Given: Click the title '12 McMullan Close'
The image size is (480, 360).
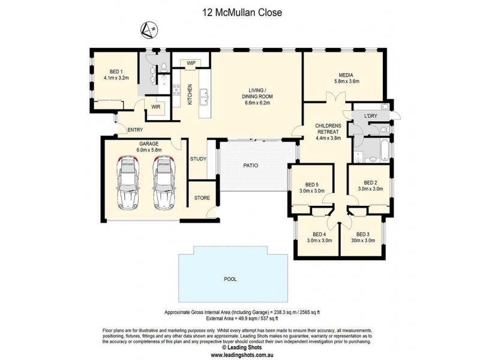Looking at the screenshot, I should click(x=239, y=11).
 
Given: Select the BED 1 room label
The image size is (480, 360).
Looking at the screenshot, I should click(x=116, y=70).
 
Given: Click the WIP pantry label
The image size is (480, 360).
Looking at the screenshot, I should click(x=191, y=63).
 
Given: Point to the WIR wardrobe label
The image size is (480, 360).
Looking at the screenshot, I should click(x=155, y=107).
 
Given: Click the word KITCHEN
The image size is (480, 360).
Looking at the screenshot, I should click(x=190, y=94).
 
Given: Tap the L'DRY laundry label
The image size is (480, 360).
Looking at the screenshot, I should click(x=370, y=115).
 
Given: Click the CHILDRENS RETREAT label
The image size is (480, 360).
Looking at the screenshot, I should click(x=328, y=129).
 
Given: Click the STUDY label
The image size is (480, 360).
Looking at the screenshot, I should click(x=199, y=159).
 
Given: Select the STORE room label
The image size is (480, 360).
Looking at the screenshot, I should click(x=201, y=197).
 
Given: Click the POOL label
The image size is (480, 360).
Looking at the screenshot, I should click(x=230, y=279).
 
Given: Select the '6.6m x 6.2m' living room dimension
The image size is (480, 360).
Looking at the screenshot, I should click(x=256, y=103).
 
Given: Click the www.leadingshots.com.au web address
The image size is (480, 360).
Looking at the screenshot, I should click(x=239, y=354).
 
